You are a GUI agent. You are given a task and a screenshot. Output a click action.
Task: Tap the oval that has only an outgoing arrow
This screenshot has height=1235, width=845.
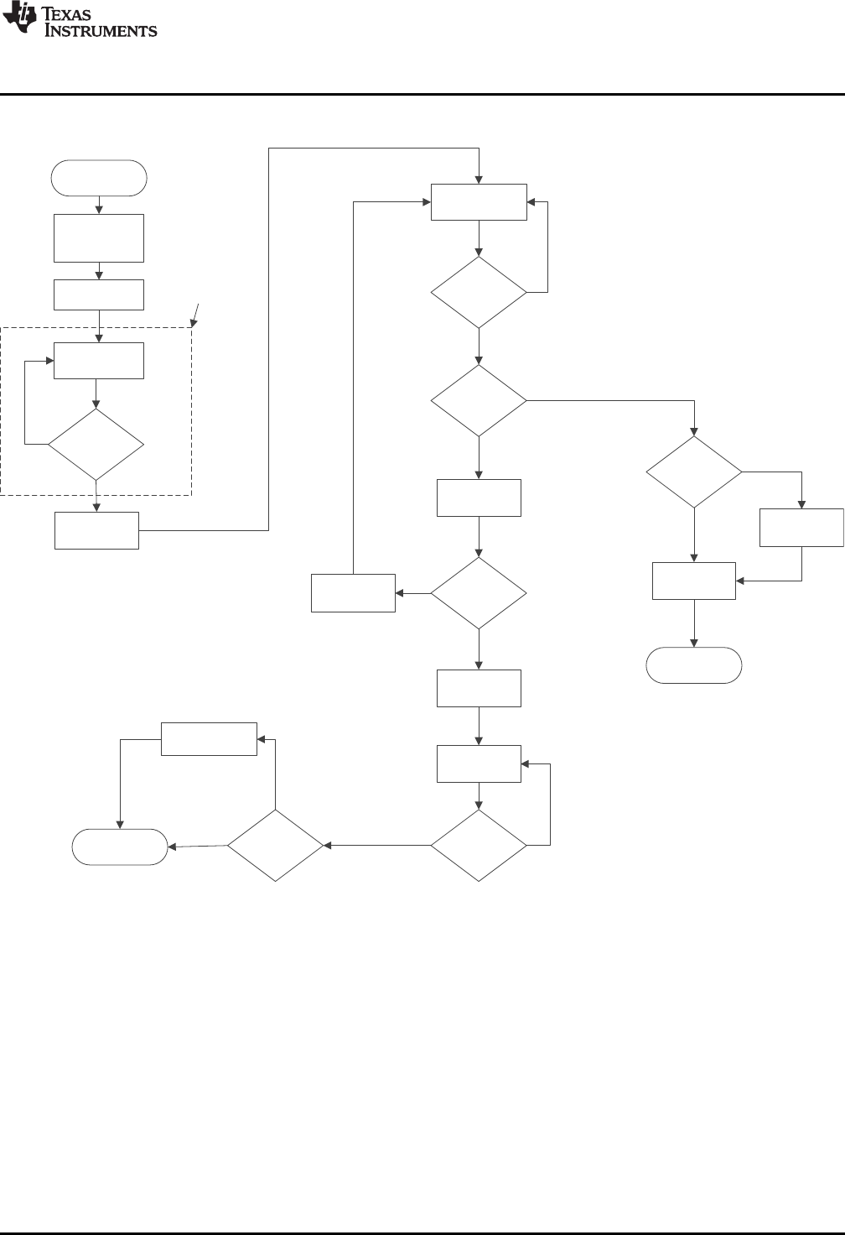[x=99, y=178]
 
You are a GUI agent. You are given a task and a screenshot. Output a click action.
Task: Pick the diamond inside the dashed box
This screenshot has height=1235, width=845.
[x=96, y=444]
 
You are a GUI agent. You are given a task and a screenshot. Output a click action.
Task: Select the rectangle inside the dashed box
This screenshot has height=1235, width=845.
[x=99, y=361]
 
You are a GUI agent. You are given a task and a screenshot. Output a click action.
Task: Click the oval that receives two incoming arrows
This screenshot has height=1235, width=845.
[x=120, y=847]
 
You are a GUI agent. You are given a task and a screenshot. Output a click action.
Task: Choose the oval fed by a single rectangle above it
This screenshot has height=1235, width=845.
[x=694, y=664]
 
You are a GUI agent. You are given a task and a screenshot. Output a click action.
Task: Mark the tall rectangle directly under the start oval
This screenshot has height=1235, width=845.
[x=99, y=238]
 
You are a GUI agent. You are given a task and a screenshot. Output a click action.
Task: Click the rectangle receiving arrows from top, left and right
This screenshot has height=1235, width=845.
[x=479, y=201]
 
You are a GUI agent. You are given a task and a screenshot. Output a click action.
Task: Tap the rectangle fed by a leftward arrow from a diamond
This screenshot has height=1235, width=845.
[x=353, y=593]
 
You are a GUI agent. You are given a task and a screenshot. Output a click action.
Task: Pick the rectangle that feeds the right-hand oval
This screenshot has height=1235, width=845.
[x=694, y=581]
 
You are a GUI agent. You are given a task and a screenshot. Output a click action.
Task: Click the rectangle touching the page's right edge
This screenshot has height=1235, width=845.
[x=801, y=527]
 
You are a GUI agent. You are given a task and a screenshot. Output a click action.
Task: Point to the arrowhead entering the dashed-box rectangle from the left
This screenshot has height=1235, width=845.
[x=49, y=361]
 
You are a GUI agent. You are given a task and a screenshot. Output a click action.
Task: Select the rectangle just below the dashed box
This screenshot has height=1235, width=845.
[x=96, y=530]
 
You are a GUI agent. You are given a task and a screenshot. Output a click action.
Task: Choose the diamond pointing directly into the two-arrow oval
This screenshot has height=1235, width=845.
[x=275, y=845]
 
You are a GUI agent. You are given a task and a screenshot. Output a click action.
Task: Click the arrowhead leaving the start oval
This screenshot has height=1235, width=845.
[x=99, y=210]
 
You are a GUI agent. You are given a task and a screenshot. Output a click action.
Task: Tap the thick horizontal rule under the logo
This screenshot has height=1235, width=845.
[x=422, y=94]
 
